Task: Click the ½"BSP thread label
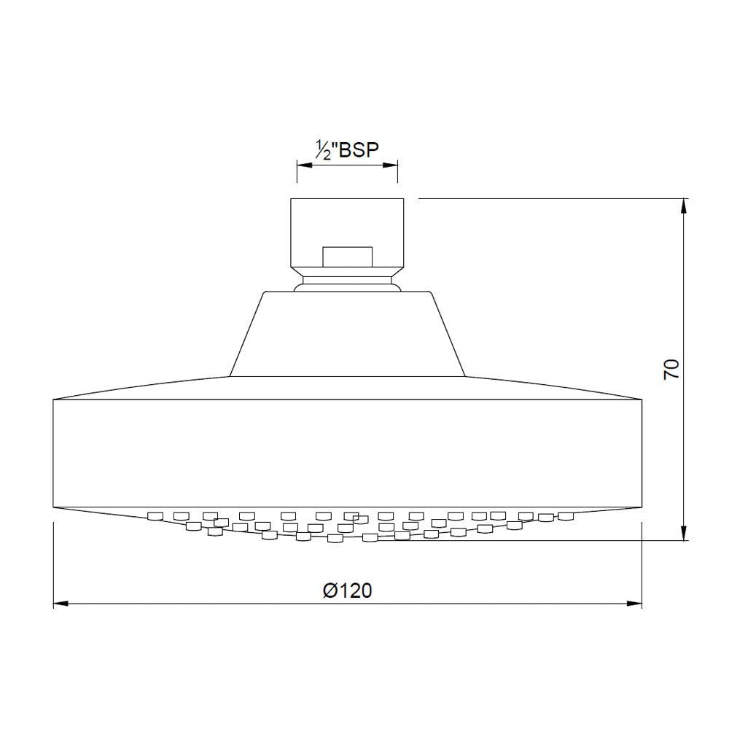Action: (346, 149)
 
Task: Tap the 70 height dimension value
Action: (671, 368)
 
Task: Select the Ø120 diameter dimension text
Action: (347, 590)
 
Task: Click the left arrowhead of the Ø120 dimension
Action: (61, 604)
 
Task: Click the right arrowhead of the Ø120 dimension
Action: (635, 604)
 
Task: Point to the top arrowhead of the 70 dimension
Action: (683, 205)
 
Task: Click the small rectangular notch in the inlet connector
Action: (347, 256)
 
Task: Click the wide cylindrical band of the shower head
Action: (347, 453)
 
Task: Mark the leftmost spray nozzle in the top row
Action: (154, 516)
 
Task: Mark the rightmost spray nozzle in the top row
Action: (566, 516)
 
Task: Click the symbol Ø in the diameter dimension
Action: (329, 590)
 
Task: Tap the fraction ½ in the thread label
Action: (321, 150)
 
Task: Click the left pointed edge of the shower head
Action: (54, 399)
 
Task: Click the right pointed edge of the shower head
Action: (642, 399)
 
